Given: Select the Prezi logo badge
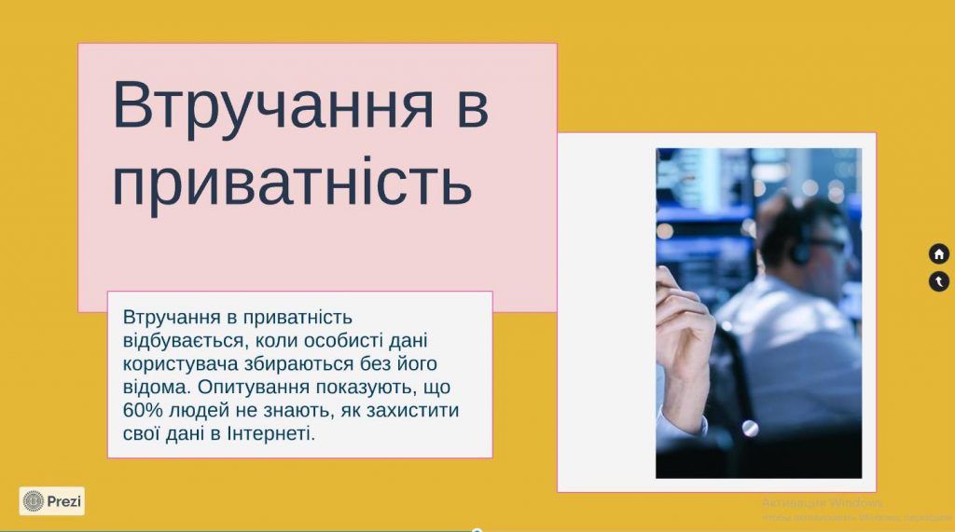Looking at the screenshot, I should [x=52, y=501].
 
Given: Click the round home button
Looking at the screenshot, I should [x=938, y=253].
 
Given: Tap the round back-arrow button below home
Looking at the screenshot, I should [x=938, y=280].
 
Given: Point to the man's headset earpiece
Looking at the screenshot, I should [x=799, y=252].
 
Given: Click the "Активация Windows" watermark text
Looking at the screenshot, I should [x=822, y=503].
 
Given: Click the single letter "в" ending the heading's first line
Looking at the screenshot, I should [x=473, y=104].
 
